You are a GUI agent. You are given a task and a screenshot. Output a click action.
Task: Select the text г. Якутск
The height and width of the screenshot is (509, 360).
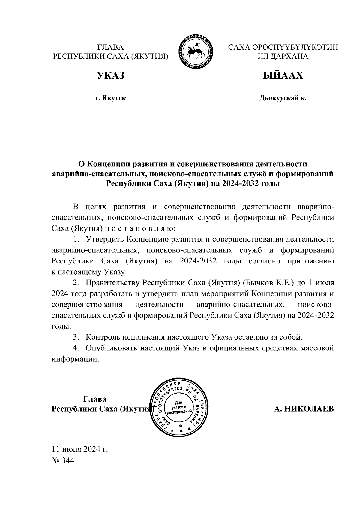click(x=110, y=98)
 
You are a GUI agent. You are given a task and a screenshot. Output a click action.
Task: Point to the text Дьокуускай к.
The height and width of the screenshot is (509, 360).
click(x=283, y=98)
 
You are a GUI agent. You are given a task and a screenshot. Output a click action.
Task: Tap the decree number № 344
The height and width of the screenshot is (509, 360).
click(x=63, y=460)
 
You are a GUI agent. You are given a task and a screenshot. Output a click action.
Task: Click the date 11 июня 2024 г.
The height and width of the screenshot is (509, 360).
click(x=80, y=449)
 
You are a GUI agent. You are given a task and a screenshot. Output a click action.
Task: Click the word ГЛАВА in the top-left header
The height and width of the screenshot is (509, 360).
click(x=110, y=47)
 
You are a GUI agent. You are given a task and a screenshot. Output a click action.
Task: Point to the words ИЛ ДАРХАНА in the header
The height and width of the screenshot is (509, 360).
click(x=283, y=56)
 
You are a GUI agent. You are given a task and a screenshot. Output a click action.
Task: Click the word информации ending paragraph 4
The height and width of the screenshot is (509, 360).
click(x=75, y=359)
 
